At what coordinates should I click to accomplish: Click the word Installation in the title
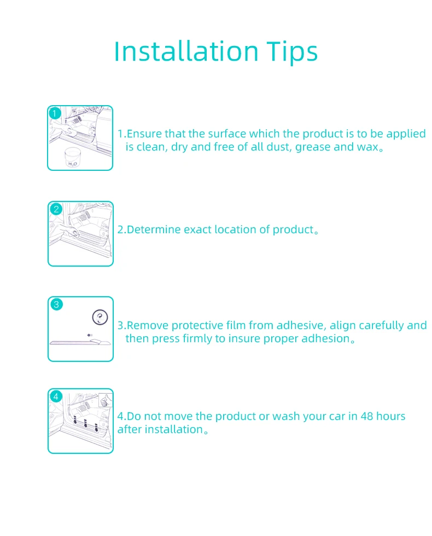click(x=186, y=51)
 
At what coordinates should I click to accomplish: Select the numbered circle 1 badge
click(x=55, y=113)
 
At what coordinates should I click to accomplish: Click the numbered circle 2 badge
click(x=56, y=209)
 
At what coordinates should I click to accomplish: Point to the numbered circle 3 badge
click(x=56, y=304)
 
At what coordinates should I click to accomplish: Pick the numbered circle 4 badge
click(x=56, y=396)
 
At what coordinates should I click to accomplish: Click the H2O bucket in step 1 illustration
click(x=72, y=157)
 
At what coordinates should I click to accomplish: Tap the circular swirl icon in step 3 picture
click(x=100, y=318)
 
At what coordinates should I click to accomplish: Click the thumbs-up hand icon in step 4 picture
click(x=106, y=400)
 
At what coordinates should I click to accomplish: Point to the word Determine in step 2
click(x=154, y=229)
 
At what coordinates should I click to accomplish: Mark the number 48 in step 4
click(x=367, y=416)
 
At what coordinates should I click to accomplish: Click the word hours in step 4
click(x=390, y=416)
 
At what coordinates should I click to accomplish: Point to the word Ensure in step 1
click(x=144, y=134)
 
